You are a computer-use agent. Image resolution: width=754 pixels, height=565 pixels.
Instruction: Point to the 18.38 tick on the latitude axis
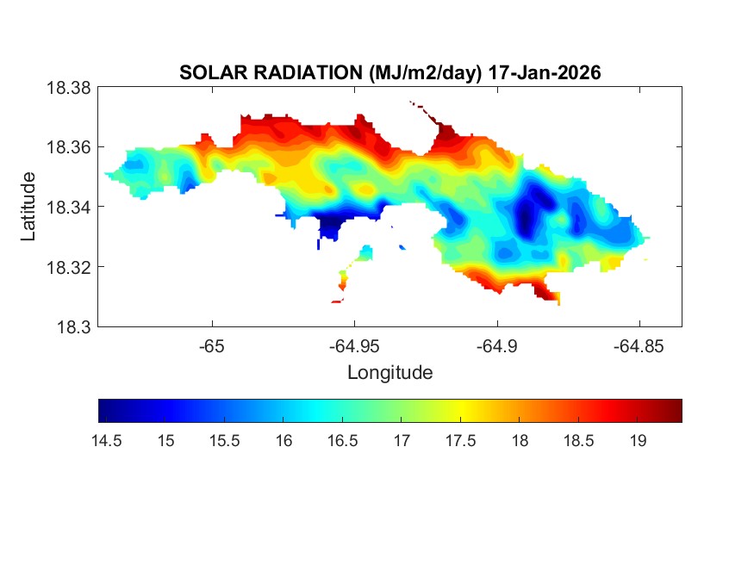pyautogui.click(x=68, y=87)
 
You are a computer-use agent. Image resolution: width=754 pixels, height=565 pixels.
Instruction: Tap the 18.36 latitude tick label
pyautogui.click(x=68, y=147)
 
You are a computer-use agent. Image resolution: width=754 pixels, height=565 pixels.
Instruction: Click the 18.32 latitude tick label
pyautogui.click(x=68, y=267)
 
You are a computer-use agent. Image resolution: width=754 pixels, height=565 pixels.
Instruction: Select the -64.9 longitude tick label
pyautogui.click(x=497, y=346)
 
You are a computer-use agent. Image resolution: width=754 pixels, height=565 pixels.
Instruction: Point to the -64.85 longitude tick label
pyautogui.click(x=639, y=346)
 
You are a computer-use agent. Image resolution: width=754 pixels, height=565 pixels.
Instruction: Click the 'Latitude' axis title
pyautogui.click(x=29, y=207)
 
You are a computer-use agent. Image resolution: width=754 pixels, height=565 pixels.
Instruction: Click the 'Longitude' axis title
pyautogui.click(x=389, y=373)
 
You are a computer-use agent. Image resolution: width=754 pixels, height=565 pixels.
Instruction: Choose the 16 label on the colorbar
pyautogui.click(x=284, y=440)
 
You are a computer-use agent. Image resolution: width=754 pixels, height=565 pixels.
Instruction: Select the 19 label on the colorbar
pyautogui.click(x=638, y=440)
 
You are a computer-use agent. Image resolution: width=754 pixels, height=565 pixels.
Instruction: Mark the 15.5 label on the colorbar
pyautogui.click(x=224, y=440)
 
